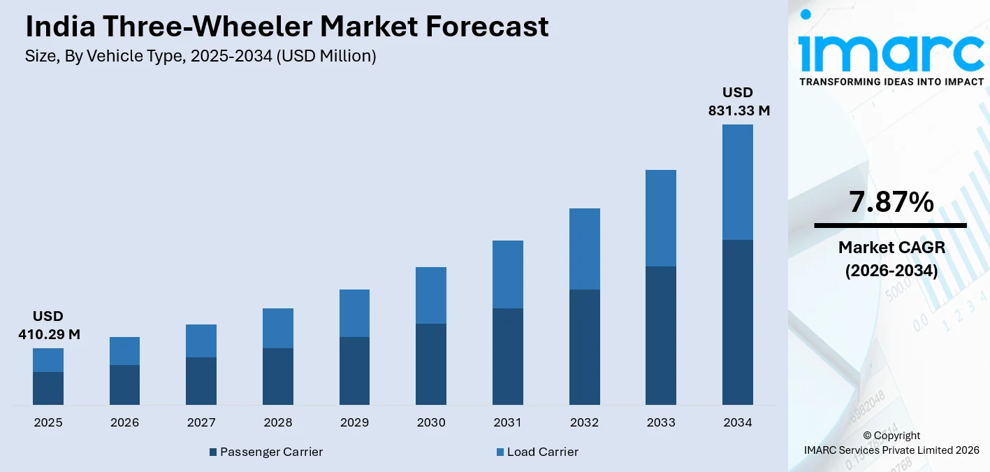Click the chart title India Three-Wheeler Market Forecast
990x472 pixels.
(286, 27)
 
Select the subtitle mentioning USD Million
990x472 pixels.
(201, 57)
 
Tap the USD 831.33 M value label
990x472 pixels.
(738, 101)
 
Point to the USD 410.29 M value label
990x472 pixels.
(49, 325)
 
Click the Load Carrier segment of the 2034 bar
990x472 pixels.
(737, 182)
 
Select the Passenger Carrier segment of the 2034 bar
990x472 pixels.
(737, 322)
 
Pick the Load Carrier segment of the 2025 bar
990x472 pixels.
(48, 360)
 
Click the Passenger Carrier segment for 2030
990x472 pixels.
(431, 364)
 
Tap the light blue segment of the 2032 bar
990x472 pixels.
(584, 248)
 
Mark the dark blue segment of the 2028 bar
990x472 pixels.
(278, 376)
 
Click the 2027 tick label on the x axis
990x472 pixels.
(201, 422)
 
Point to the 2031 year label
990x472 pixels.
(508, 422)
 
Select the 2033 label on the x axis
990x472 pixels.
(661, 422)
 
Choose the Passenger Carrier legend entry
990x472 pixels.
(266, 452)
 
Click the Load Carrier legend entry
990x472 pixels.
(537, 452)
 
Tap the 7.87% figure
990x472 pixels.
(891, 202)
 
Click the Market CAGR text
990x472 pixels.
(891, 248)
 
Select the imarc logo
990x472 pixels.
(891, 43)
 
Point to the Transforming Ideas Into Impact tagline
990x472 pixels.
(891, 82)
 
